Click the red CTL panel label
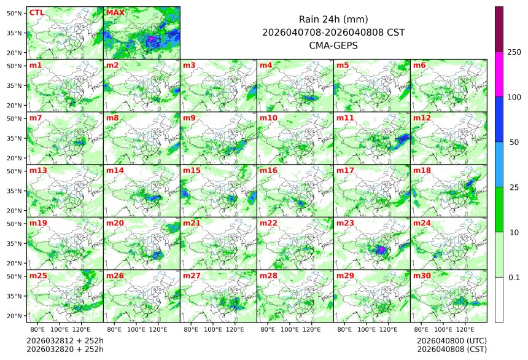(x=36, y=12)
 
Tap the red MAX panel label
(x=115, y=12)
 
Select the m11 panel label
(x=344, y=117)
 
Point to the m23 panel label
(x=344, y=223)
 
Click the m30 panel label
(x=421, y=276)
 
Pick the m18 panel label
(x=421, y=170)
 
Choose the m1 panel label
(x=36, y=65)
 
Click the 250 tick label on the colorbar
(x=514, y=52)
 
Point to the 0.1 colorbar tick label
(x=514, y=277)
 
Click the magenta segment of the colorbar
(x=499, y=74)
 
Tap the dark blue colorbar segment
(x=499, y=119)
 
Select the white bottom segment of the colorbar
(x=499, y=299)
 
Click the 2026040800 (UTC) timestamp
(x=451, y=340)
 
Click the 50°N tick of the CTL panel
(x=15, y=13)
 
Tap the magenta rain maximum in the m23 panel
(x=381, y=250)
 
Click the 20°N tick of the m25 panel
(x=15, y=316)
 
